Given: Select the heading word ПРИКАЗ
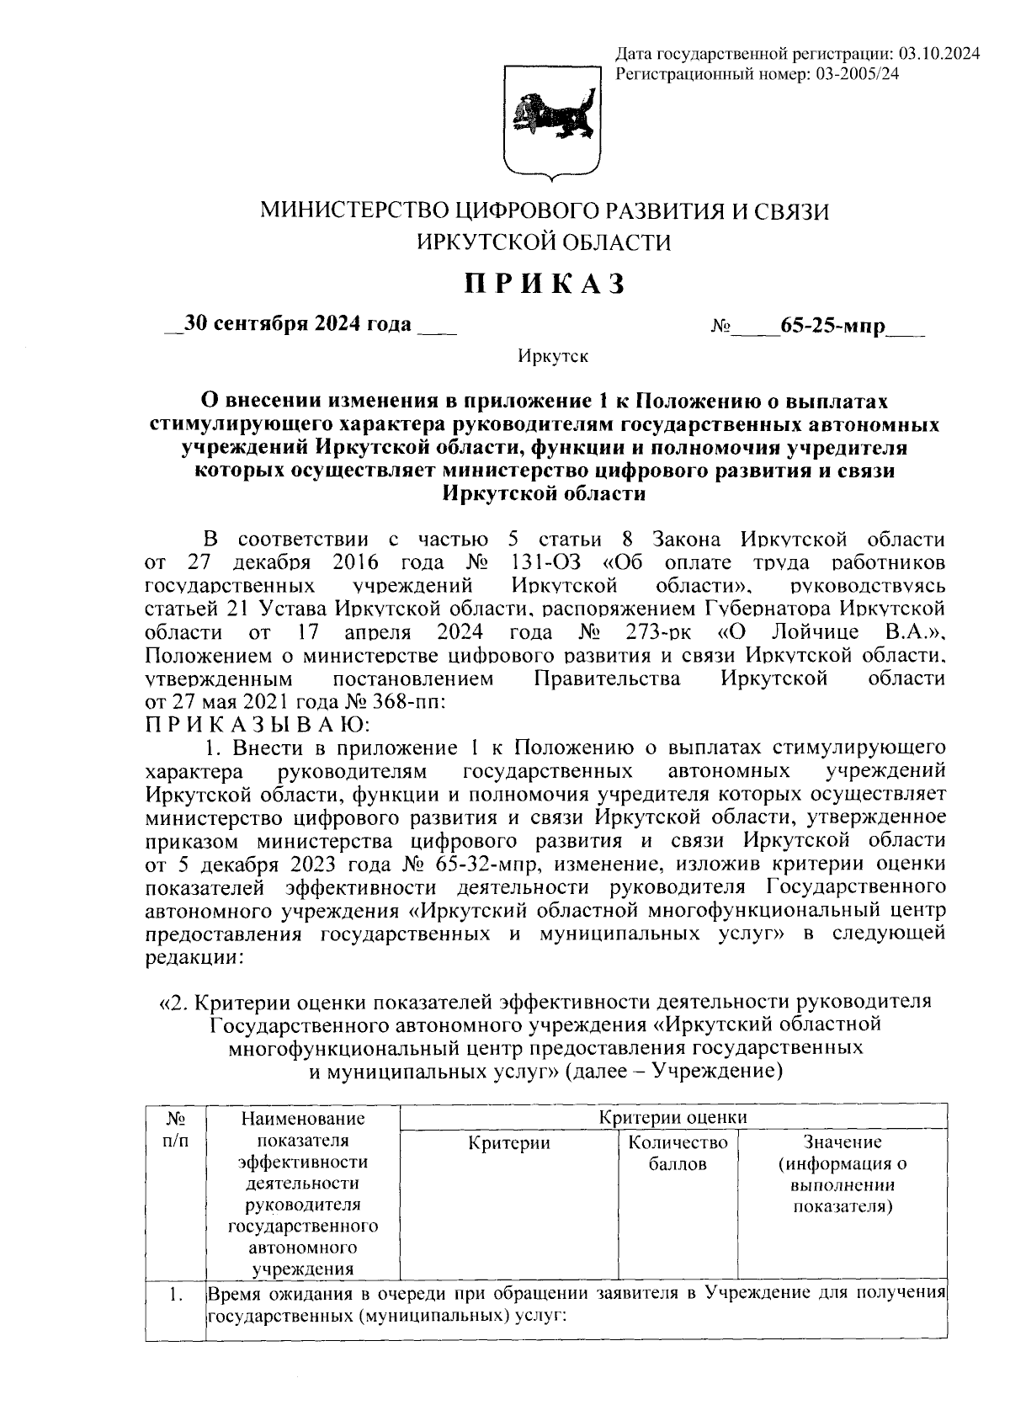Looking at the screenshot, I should (x=546, y=285).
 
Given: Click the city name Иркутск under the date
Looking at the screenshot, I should (x=552, y=356).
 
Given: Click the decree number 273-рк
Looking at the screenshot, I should (x=667, y=631).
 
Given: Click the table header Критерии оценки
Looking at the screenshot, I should (x=672, y=1117).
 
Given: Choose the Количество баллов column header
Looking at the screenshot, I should (x=677, y=1153).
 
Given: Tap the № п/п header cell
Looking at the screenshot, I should (x=175, y=1131).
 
